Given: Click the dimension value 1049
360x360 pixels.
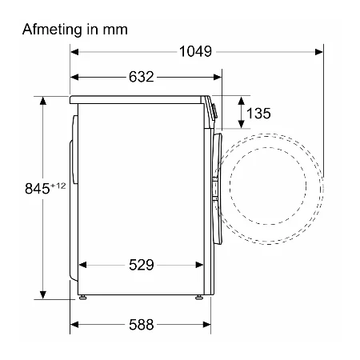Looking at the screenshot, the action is click(x=195, y=51).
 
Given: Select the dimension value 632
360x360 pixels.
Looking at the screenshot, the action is click(x=142, y=77).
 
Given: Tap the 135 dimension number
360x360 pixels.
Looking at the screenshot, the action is click(x=258, y=114).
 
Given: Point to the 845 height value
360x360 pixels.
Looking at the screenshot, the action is click(x=37, y=189).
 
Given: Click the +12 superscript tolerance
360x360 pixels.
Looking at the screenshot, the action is click(x=58, y=186).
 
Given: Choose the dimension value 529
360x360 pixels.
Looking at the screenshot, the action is click(x=142, y=265).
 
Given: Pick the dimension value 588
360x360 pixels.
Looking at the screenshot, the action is click(x=142, y=325).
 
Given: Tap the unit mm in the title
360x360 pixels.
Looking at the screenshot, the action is click(x=115, y=30).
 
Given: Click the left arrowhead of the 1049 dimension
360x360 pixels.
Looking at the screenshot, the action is click(x=74, y=52).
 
